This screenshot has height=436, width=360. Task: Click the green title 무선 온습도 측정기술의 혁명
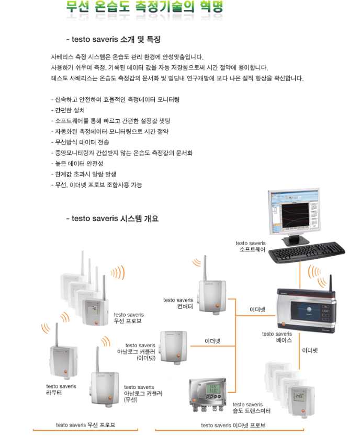tap(144, 7)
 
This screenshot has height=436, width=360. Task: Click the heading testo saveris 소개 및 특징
tap(113, 40)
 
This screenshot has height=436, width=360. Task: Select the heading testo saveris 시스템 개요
tap(112, 219)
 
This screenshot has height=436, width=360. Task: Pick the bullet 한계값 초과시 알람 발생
tap(84, 174)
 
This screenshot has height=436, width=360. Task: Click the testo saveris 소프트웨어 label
tap(251, 246)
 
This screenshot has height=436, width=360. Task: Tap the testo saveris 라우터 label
tap(61, 389)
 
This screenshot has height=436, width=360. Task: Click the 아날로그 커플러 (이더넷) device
tap(174, 346)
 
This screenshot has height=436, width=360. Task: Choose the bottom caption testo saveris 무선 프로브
tap(85, 425)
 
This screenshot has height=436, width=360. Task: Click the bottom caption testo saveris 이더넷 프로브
tap(233, 425)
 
